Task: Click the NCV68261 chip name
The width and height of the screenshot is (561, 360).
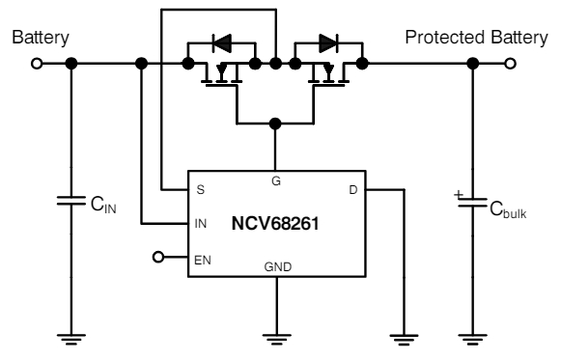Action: [x=276, y=223]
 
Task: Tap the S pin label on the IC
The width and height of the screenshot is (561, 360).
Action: [x=199, y=190]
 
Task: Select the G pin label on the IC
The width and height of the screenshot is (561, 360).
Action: [x=276, y=180]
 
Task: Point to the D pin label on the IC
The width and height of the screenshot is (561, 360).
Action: [x=352, y=190]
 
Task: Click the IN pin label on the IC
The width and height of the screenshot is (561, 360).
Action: [x=201, y=225]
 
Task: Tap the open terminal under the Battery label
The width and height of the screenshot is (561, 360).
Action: [x=37, y=65]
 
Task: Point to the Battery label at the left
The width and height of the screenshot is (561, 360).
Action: [x=40, y=38]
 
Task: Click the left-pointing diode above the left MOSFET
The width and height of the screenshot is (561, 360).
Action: [x=222, y=42]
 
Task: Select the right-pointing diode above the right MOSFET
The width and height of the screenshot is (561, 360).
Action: [x=329, y=42]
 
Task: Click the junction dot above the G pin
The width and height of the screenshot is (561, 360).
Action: [x=276, y=124]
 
